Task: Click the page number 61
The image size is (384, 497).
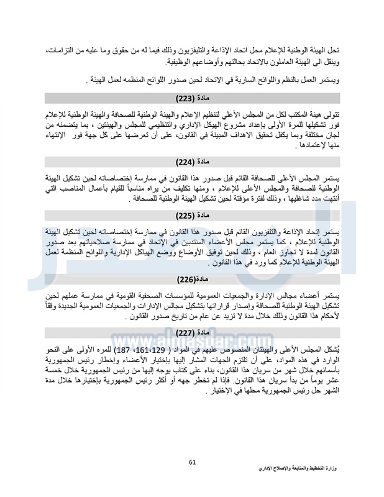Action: (x=192, y=462)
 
